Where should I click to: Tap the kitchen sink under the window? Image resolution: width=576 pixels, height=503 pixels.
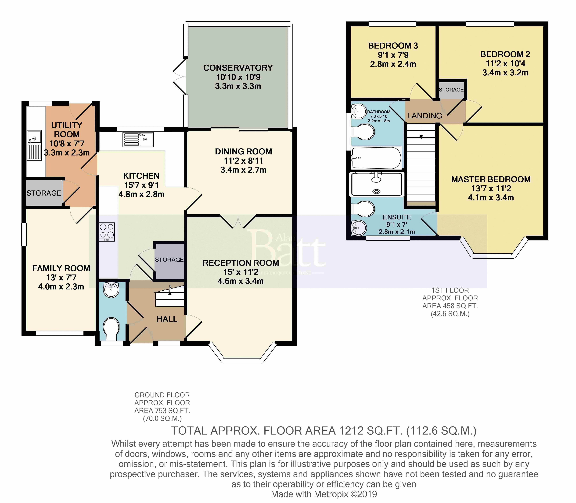coord(138,140)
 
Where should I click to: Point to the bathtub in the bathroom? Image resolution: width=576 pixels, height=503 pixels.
coord(377,158)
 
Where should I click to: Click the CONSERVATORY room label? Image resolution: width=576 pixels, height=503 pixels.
coord(238,68)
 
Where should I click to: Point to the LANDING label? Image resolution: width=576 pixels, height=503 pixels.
coord(425,116)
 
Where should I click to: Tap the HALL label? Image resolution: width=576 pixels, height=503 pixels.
coord(167,319)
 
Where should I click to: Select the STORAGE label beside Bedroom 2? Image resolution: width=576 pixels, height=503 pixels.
coord(451,90)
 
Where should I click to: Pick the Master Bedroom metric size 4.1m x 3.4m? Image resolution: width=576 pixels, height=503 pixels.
coord(491,198)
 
